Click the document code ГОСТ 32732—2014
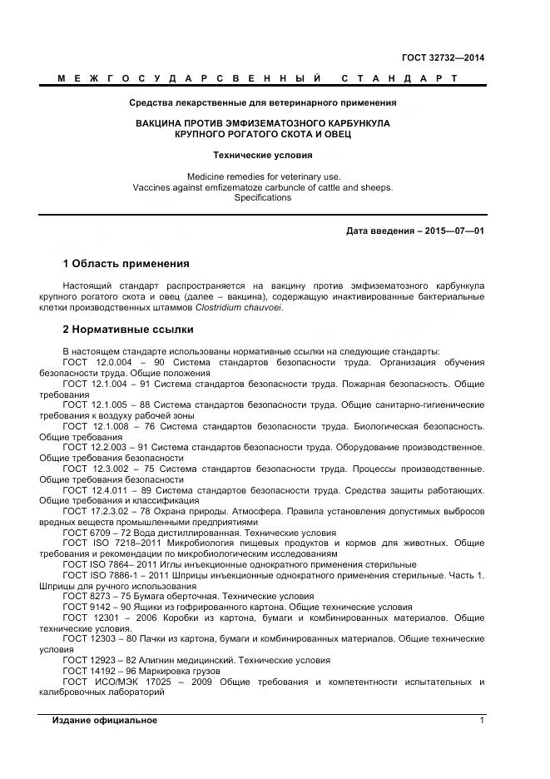pyautogui.click(x=443, y=57)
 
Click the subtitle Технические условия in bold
pyautogui.click(x=263, y=155)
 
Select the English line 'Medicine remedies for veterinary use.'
pyautogui.click(x=263, y=176)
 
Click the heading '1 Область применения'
pyautogui.click(x=126, y=264)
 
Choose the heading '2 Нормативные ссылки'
pyautogui.click(x=127, y=330)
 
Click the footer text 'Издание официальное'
pyautogui.click(x=105, y=719)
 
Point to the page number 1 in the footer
pyautogui.click(x=481, y=719)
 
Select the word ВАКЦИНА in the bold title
pyautogui.click(x=163, y=123)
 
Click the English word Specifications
pyautogui.click(x=263, y=198)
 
